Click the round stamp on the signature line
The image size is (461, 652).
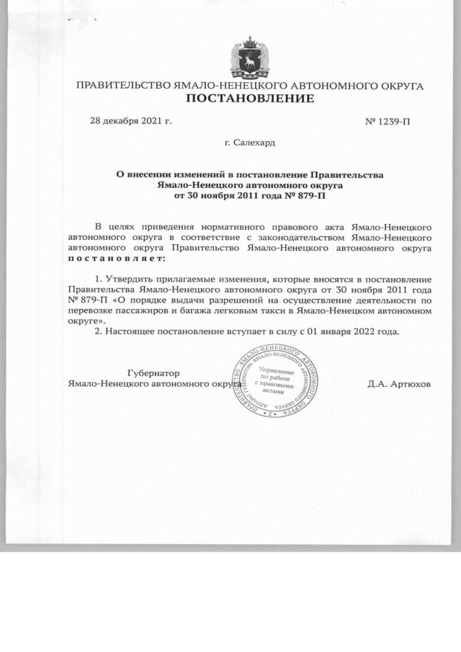277,383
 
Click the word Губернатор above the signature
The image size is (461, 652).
153,373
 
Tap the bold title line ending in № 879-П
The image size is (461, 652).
251,195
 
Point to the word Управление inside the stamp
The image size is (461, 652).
277,369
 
